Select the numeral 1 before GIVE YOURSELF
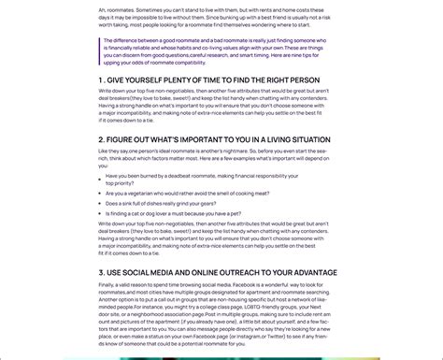pos(101,79)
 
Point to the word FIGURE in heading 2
pos(123,138)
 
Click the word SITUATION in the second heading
pos(296,138)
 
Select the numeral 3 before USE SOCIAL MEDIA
pos(101,272)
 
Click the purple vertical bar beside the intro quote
pos(99,50)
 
